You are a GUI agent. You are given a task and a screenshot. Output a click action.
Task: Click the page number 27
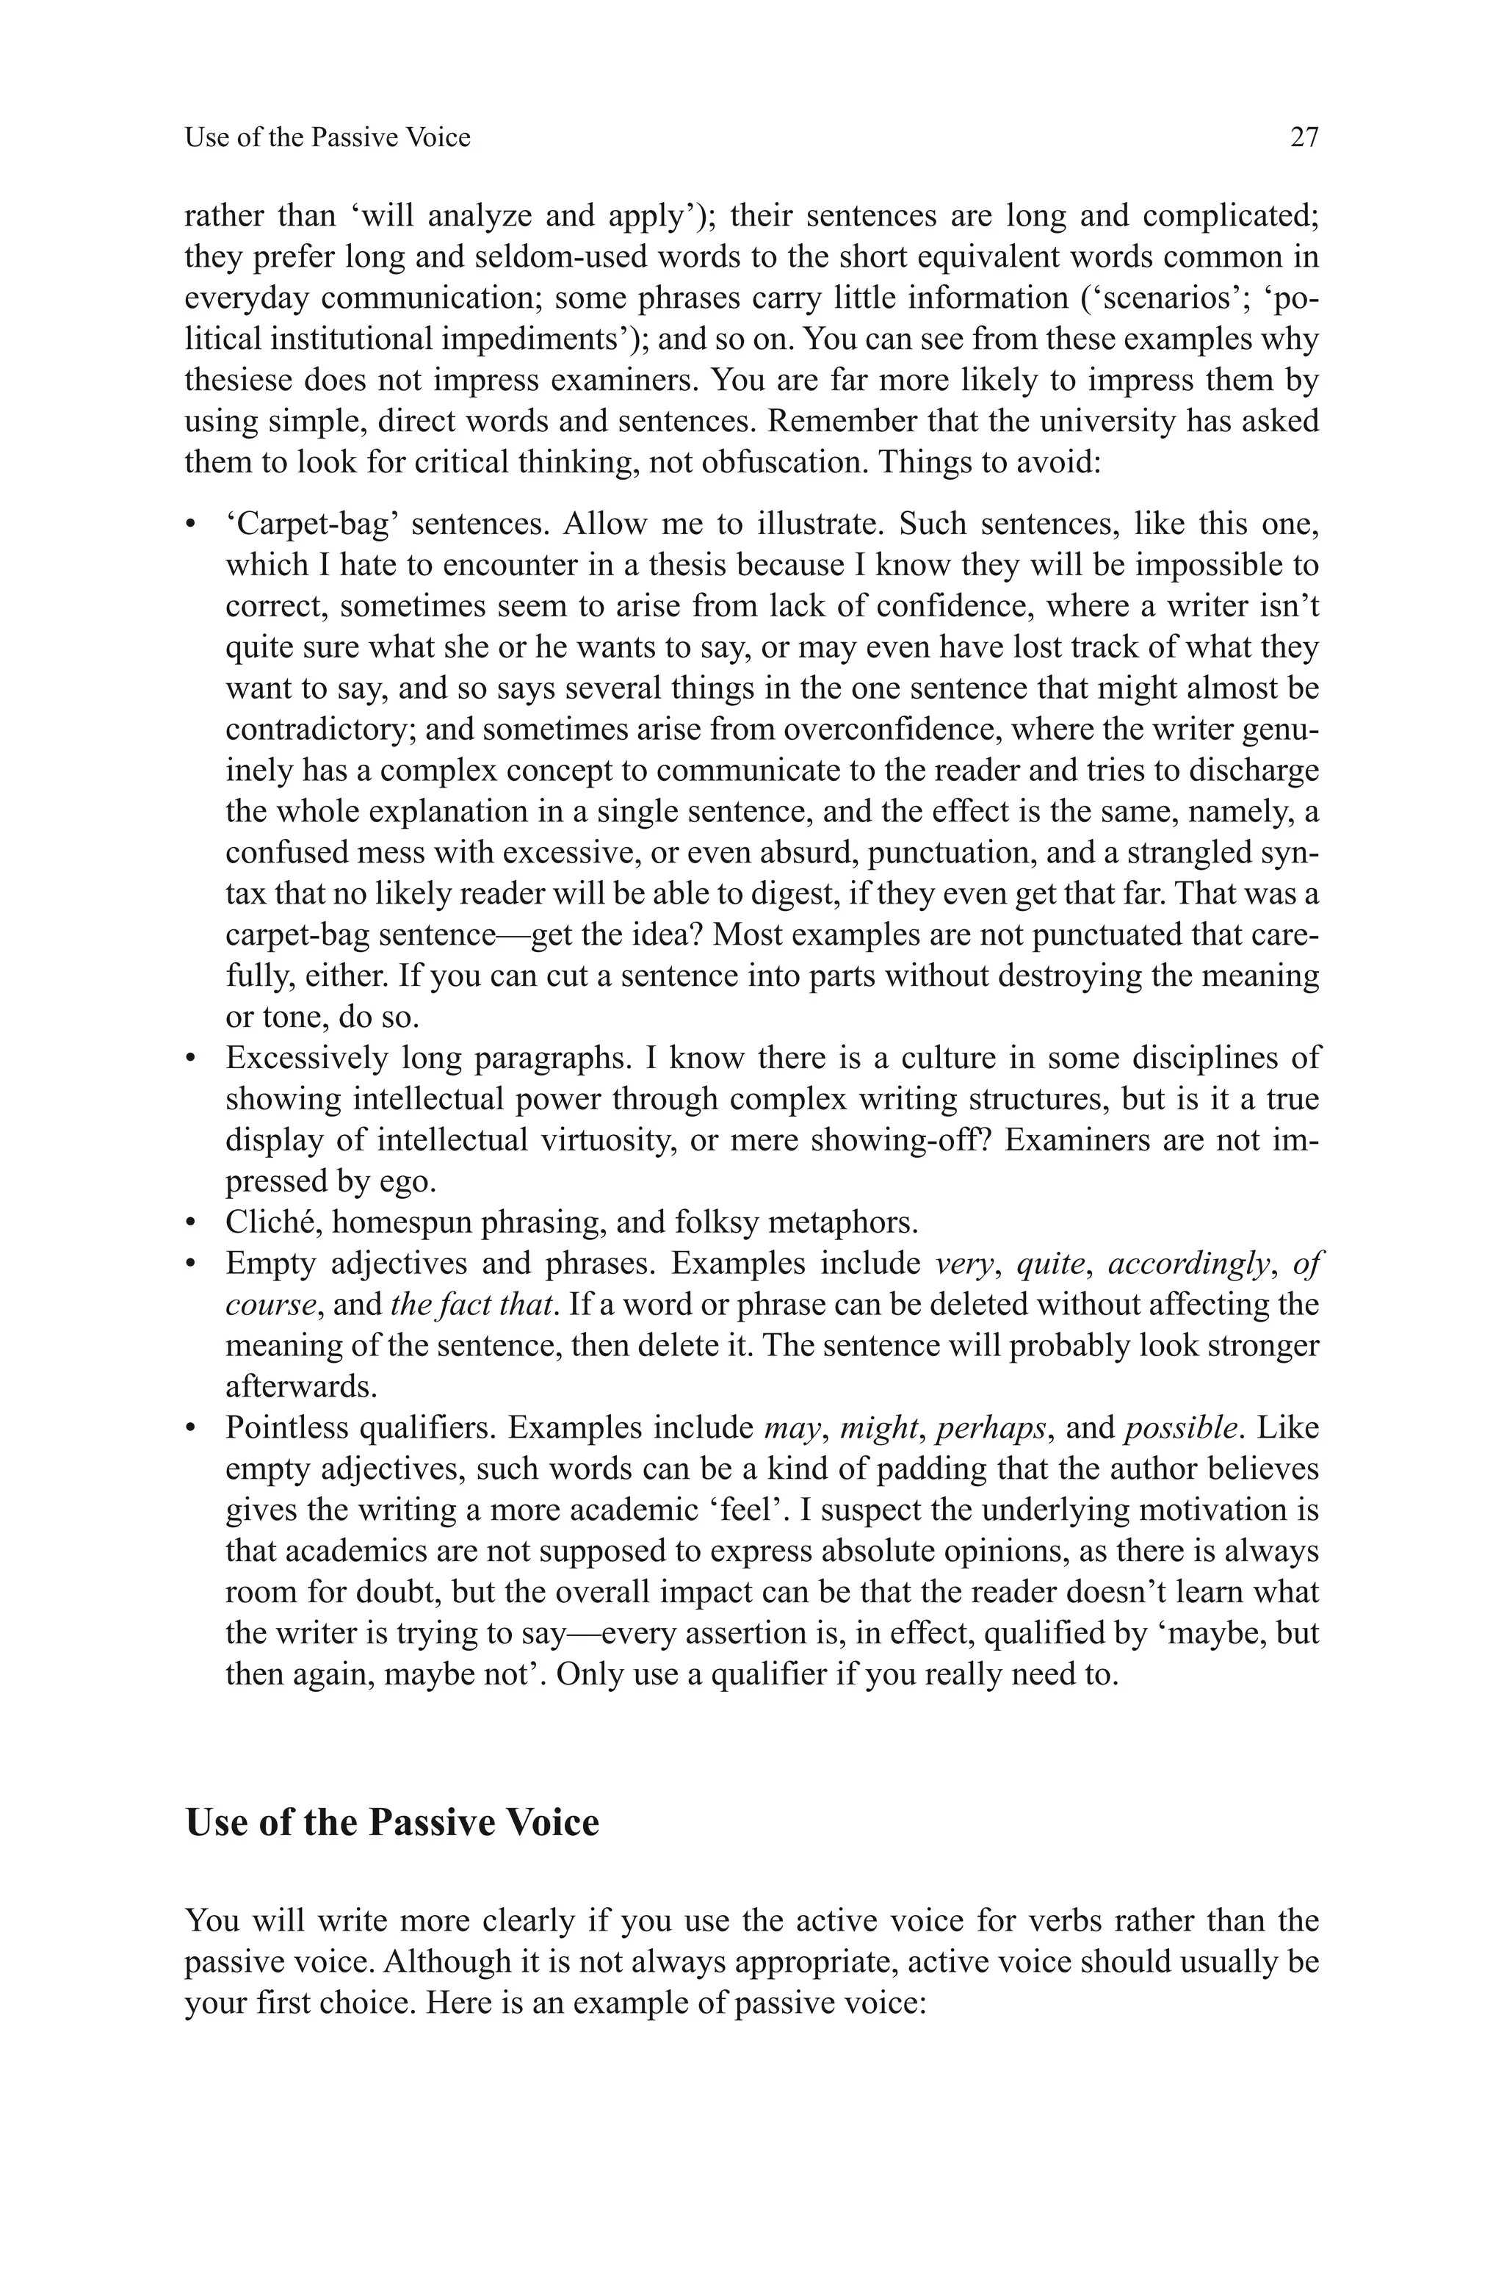click(x=1304, y=138)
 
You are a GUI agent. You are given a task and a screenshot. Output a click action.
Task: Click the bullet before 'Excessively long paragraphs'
click(x=192, y=1059)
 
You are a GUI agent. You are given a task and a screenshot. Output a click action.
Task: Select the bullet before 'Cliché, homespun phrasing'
click(x=192, y=1224)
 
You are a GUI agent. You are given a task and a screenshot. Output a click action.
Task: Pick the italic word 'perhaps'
click(x=990, y=1428)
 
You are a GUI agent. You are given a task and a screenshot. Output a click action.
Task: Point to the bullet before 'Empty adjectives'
click(x=192, y=1265)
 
